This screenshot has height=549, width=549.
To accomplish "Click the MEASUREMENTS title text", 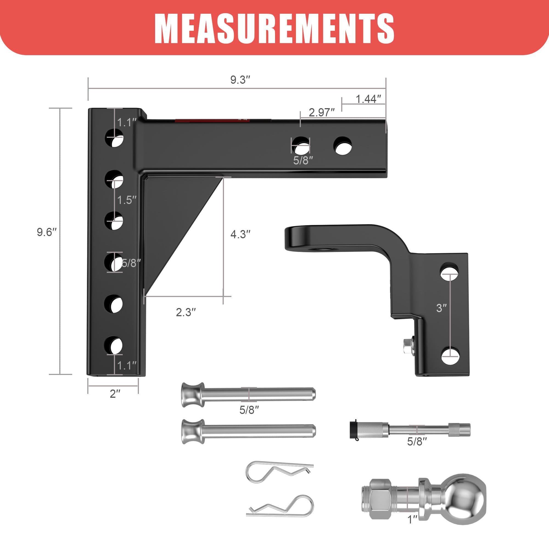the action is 274,29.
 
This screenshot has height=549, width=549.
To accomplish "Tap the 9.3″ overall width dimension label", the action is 240,80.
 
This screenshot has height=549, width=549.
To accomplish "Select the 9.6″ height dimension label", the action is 47,232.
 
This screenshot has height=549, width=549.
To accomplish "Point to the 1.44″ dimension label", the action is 368,99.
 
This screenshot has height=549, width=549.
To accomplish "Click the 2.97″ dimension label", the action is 322,113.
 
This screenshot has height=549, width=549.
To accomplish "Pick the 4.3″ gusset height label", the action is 240,234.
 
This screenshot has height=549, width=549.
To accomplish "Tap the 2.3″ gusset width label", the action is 186,312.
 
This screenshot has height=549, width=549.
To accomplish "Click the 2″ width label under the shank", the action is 115,394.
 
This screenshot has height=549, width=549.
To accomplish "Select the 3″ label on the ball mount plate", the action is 441,308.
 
